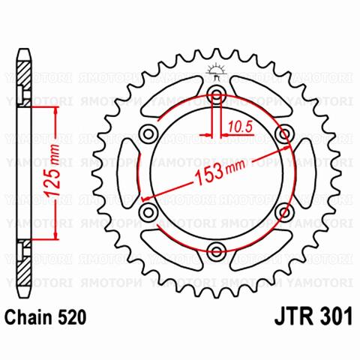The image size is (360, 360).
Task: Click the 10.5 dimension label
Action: click(239, 127)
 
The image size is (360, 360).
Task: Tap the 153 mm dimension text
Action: click(219, 172)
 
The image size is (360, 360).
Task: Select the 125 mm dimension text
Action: click(52, 170)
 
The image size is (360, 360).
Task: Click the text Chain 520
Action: click(46, 317)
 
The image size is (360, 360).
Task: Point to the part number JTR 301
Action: click(313, 316)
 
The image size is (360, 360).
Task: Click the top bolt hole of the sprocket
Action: click(217, 94)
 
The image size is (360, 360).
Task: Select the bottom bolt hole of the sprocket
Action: click(217, 251)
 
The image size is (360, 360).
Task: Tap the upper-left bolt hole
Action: click(148, 133)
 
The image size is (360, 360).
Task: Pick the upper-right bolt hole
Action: click(284, 133)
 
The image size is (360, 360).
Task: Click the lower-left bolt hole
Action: click(148, 212)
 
